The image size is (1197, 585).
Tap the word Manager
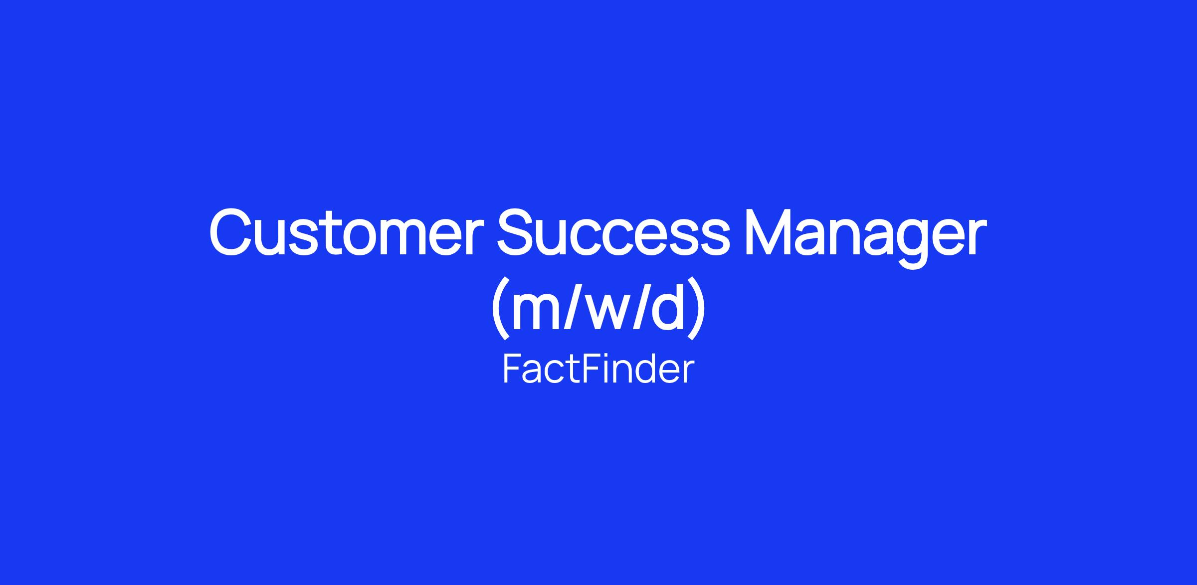866,237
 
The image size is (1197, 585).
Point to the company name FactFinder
598,369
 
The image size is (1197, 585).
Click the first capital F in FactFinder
512,369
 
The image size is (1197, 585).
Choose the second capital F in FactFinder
591,369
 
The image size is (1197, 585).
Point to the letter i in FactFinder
607,369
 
